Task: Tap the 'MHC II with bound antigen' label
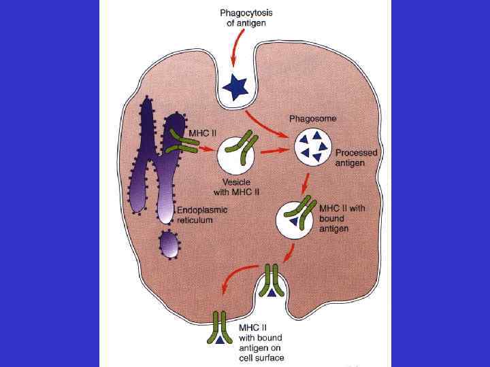[x=344, y=214]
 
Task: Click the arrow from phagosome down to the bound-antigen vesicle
[x=306, y=183]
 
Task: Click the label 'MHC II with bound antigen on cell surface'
[x=261, y=343]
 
